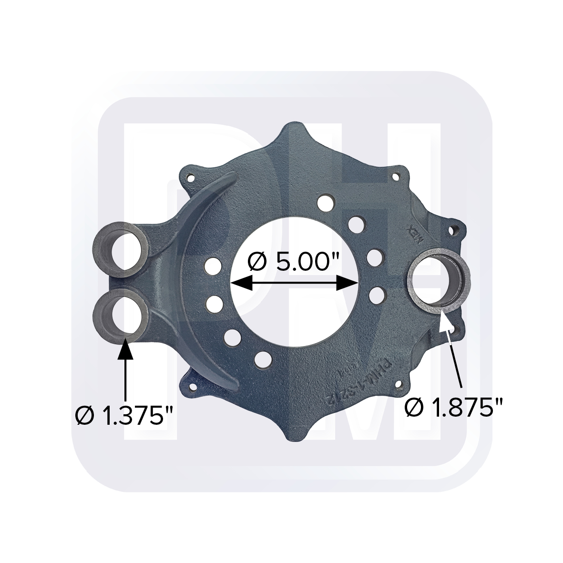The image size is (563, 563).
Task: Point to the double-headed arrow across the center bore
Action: pos(294,284)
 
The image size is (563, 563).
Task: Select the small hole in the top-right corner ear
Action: pos(394,177)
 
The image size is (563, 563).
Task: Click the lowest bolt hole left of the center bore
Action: pos(261,358)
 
